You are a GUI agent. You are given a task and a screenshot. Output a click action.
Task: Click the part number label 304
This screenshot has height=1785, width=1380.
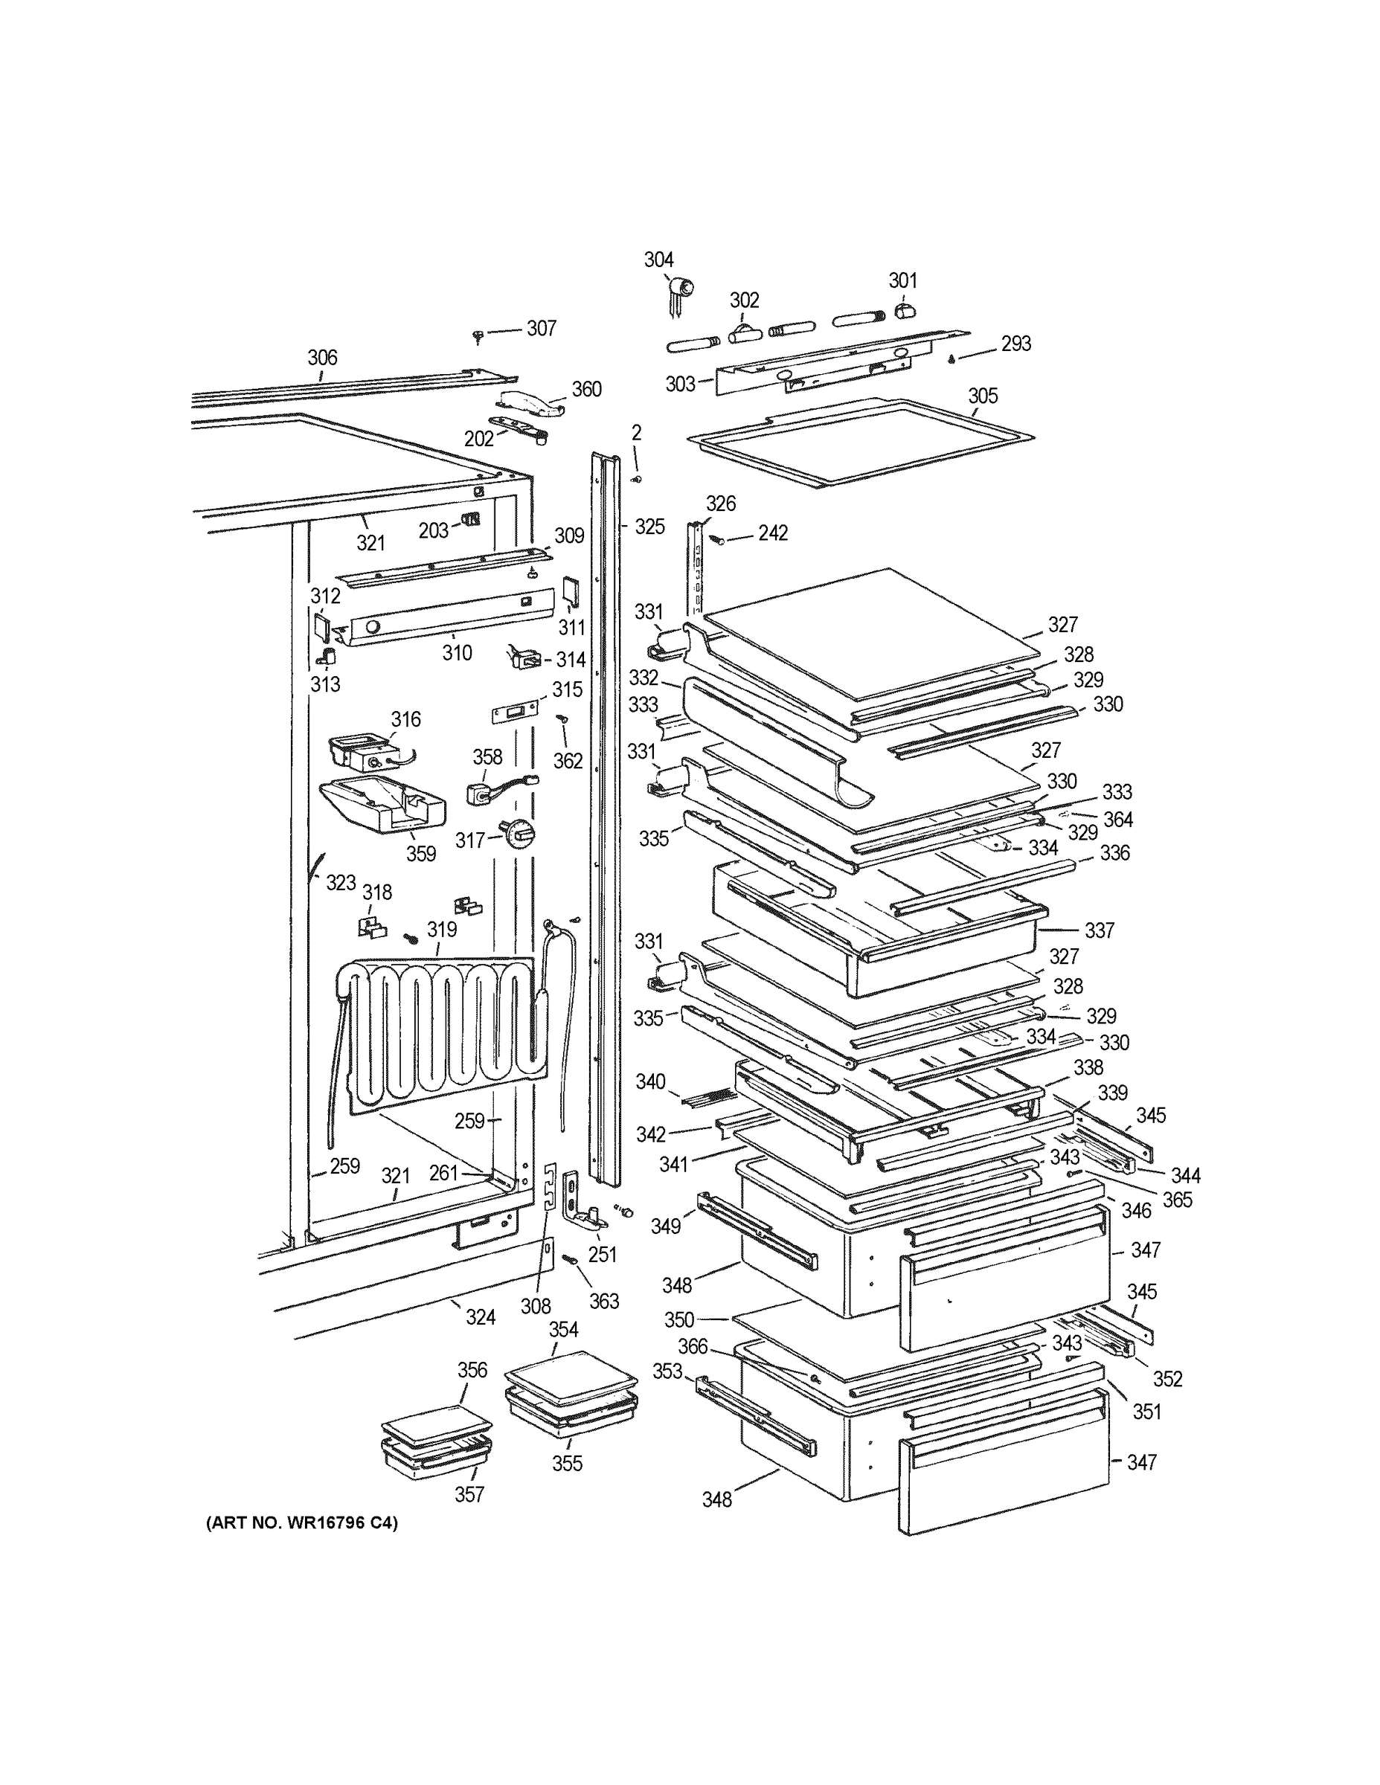[x=658, y=260]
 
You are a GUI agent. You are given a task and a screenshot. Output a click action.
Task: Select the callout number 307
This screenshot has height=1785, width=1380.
[x=541, y=329]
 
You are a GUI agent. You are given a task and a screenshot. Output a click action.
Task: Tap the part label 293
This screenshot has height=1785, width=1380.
[x=1015, y=344]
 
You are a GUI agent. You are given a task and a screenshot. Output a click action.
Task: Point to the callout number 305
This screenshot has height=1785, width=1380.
[x=983, y=396]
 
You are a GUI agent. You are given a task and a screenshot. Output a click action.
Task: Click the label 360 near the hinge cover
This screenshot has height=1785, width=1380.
[x=586, y=389]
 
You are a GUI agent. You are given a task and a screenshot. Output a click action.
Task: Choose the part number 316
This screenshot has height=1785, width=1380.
[x=405, y=719]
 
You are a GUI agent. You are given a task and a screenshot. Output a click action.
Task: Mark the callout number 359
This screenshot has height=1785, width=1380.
[x=421, y=853]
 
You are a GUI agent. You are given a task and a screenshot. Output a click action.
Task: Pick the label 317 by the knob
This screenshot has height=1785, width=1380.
[x=470, y=840]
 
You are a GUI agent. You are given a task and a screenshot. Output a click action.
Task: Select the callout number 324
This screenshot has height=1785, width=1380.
[x=481, y=1316]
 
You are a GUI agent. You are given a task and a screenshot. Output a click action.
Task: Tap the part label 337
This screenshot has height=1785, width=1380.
[x=1100, y=930]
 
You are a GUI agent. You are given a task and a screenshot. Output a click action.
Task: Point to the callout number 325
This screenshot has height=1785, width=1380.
[x=650, y=527]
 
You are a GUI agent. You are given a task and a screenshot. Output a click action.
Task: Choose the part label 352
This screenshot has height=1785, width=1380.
[x=1167, y=1379]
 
